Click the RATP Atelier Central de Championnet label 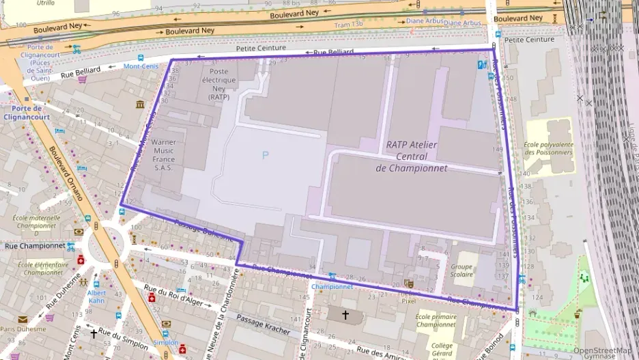416,156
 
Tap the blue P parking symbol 265,155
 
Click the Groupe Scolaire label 461,271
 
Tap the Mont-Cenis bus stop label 141,67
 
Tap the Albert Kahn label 96,296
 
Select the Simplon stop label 165,342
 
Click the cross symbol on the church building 345,315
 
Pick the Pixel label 408,301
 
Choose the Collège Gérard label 442,350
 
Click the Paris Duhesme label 23,329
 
